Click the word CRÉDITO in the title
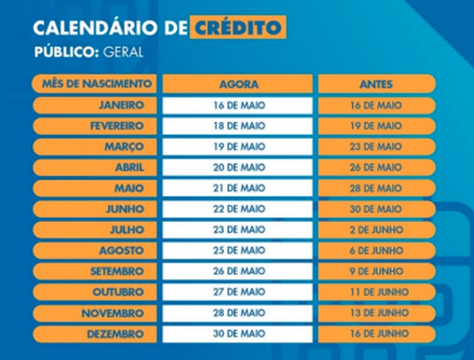[x=238, y=28]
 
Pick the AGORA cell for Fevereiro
[x=238, y=126]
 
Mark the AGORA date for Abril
[x=238, y=168]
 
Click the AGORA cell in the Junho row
[x=238, y=209]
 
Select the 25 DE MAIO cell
[x=238, y=251]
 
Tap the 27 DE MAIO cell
[x=238, y=292]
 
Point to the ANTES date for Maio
[x=376, y=188]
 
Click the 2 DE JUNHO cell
[x=376, y=230]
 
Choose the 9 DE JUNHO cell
[x=376, y=272]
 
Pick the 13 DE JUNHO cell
[x=376, y=313]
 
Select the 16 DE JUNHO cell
[x=376, y=334]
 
